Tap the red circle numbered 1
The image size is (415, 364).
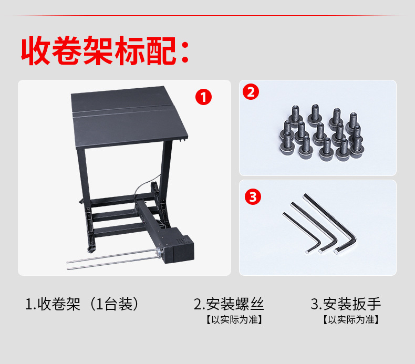pos(203,97)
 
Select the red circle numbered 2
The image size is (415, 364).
pos(250,92)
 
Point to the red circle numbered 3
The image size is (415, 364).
pos(253,197)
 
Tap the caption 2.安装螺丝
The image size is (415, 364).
pos(229,304)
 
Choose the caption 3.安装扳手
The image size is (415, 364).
pos(346,304)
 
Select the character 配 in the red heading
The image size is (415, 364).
pos(160,50)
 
